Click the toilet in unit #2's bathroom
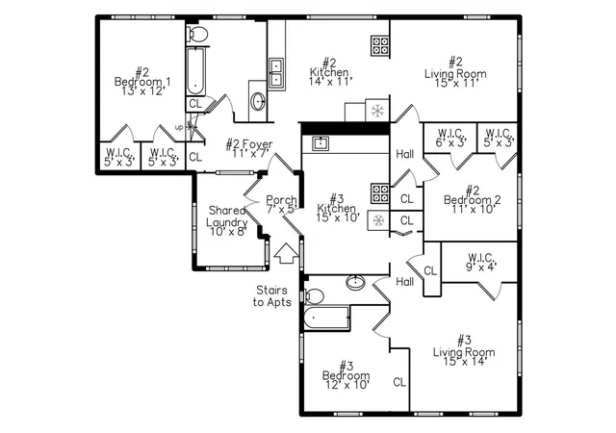tap(197, 34)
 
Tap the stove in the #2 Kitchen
tap(380, 45)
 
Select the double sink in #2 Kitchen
tap(276, 72)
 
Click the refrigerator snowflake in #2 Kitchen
tap(377, 111)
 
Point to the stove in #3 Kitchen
tap(380, 193)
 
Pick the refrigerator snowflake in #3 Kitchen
tap(378, 220)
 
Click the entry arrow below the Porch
tap(287, 253)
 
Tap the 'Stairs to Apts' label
tap(272, 296)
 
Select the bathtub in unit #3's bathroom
tap(327, 318)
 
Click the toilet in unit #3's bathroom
tap(315, 296)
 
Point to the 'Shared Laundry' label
tap(227, 216)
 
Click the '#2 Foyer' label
tap(249, 143)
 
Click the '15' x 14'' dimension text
tap(464, 361)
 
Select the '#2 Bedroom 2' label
tap(473, 195)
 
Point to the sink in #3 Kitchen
tap(321, 143)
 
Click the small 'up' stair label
tap(179, 128)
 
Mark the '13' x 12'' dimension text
tap(142, 90)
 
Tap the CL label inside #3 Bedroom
tap(399, 382)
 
